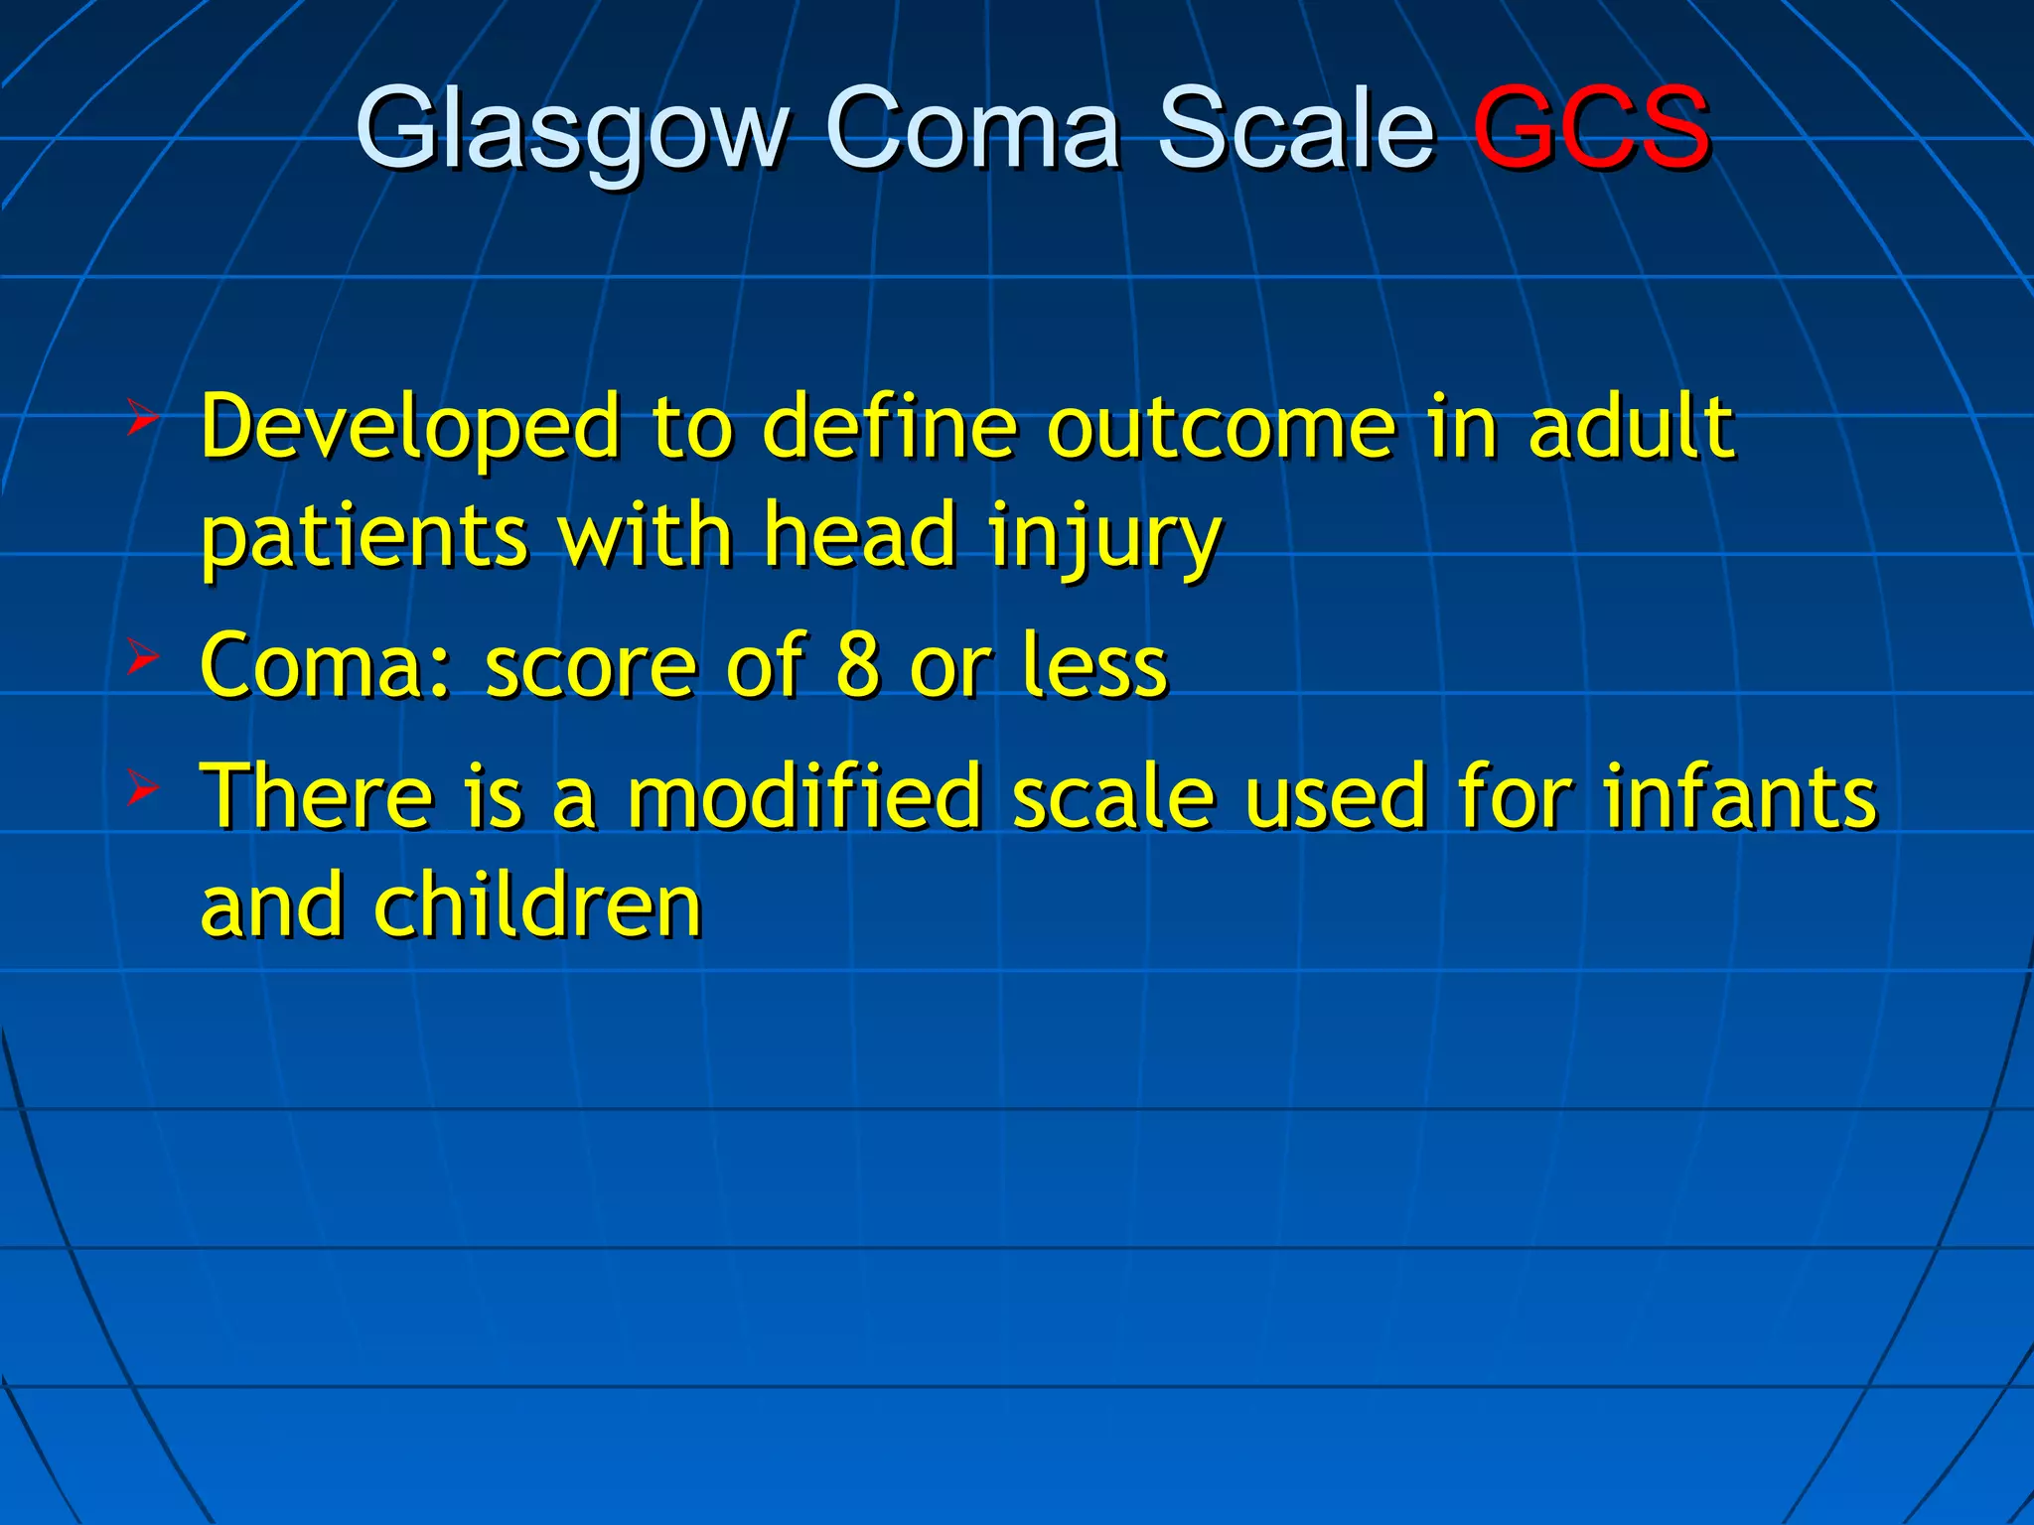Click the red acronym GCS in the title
(1591, 129)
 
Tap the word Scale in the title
(1296, 129)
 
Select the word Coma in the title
(973, 129)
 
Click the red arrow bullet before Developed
(142, 420)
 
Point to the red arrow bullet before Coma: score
(142, 657)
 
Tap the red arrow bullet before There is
(142, 790)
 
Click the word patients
(364, 536)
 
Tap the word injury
(1104, 536)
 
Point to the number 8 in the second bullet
(858, 665)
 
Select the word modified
(804, 796)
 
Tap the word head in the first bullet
(860, 536)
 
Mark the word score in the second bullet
(590, 665)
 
